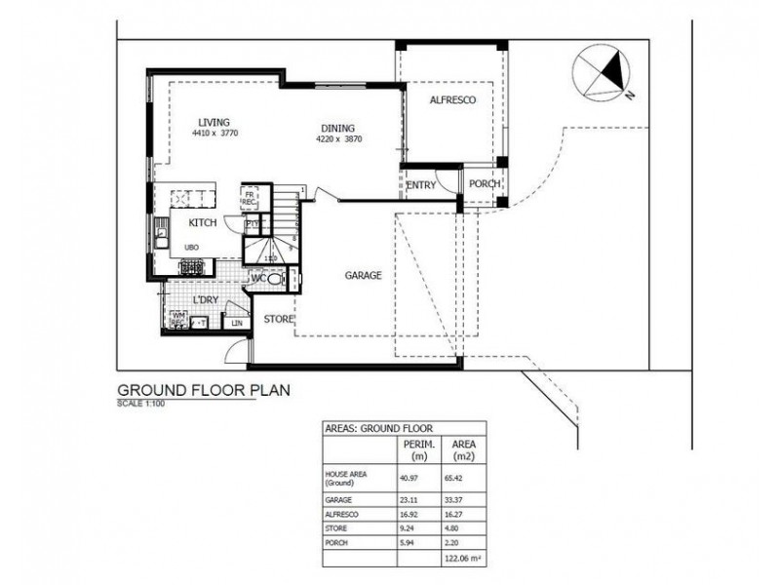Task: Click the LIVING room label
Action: [x=214, y=122]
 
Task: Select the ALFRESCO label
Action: [x=451, y=99]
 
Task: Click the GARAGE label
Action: [x=363, y=276]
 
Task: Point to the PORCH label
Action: [x=484, y=184]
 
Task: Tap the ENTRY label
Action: [x=421, y=184]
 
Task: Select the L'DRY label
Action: [x=204, y=299]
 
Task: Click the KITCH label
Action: [x=202, y=222]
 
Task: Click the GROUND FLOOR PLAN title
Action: [x=203, y=390]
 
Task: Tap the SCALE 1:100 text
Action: [x=142, y=403]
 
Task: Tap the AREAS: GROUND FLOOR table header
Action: [x=379, y=428]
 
